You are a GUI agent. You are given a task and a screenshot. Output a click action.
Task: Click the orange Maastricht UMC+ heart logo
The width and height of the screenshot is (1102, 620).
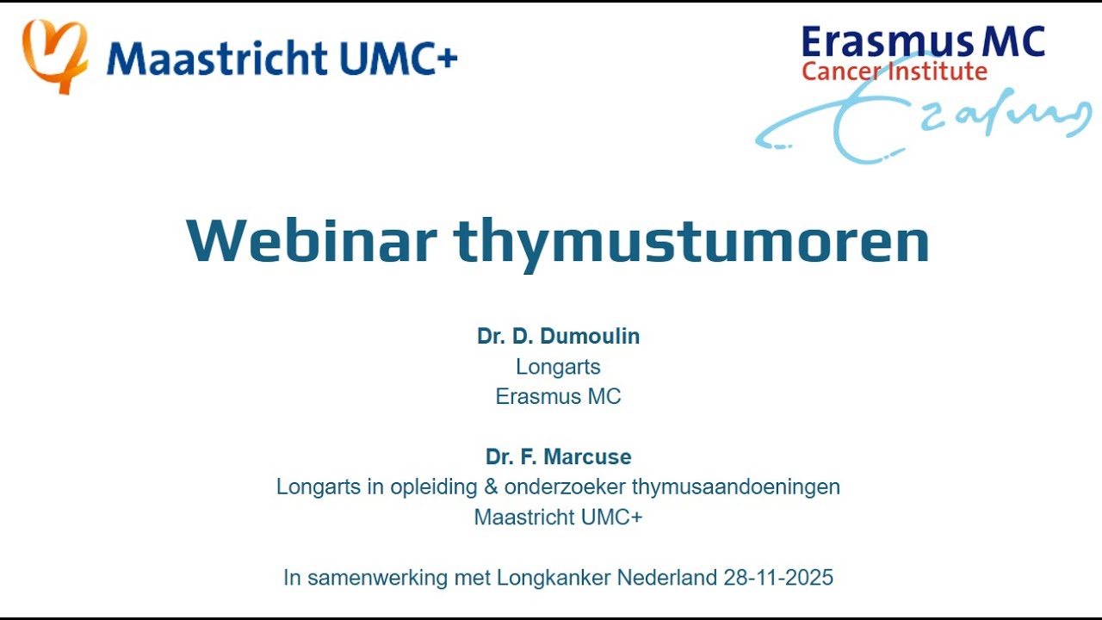(54, 55)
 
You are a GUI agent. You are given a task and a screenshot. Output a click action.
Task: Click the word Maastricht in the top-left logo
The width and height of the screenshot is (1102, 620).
(216, 59)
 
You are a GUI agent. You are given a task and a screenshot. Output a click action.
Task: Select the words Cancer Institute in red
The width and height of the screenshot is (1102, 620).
(894, 71)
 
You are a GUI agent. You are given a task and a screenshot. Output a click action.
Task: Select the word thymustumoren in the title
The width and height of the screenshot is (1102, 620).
(692, 241)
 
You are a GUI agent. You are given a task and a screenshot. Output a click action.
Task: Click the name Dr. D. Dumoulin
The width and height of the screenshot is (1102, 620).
(558, 337)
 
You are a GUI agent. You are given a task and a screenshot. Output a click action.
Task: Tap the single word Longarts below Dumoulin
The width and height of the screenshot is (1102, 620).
(558, 368)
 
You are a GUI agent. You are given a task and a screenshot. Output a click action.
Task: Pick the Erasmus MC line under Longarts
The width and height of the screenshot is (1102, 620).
(558, 397)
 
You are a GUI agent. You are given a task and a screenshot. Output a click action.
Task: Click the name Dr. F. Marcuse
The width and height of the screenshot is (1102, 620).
(558, 457)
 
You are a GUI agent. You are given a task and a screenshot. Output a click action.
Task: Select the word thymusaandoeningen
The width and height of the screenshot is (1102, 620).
(736, 487)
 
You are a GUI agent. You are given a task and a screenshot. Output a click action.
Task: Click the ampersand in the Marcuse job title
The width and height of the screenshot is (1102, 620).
(492, 487)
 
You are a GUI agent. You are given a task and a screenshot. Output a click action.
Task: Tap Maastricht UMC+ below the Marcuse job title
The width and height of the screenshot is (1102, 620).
(558, 518)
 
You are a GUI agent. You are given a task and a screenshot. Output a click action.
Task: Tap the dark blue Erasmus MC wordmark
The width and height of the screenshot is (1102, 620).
(922, 42)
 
